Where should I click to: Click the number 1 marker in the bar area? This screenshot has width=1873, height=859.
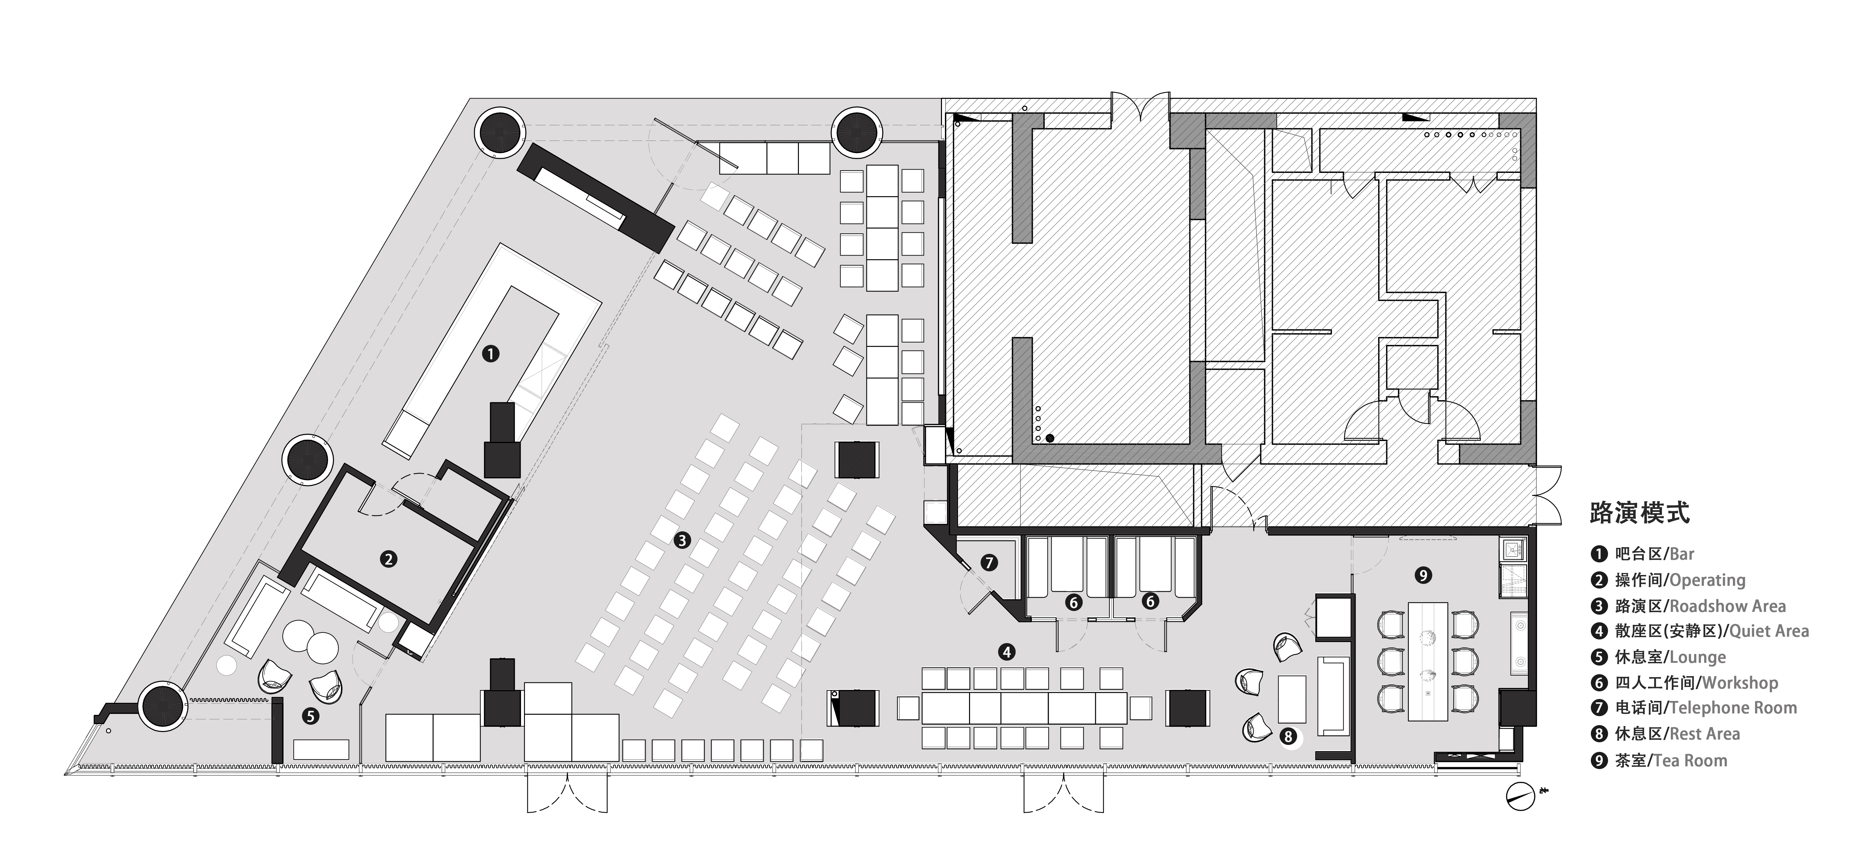click(x=491, y=354)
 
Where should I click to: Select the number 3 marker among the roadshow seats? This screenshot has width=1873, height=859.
click(x=682, y=540)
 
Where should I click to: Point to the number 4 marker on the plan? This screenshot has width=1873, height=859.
click(x=1007, y=652)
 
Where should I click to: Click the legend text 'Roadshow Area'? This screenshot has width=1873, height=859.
click(x=1728, y=606)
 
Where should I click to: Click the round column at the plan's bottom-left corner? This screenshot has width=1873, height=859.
click(x=163, y=706)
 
